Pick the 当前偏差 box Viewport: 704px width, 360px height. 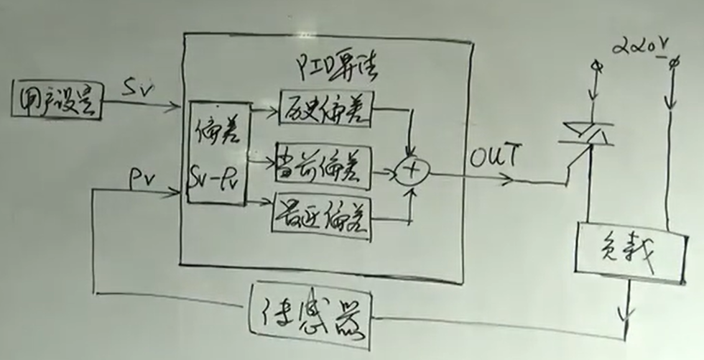(x=323, y=171)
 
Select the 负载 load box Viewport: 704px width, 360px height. (x=629, y=252)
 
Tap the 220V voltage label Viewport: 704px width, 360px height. (x=638, y=48)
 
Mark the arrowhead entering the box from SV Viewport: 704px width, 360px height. (x=175, y=109)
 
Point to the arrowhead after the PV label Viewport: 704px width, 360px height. (x=174, y=192)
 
